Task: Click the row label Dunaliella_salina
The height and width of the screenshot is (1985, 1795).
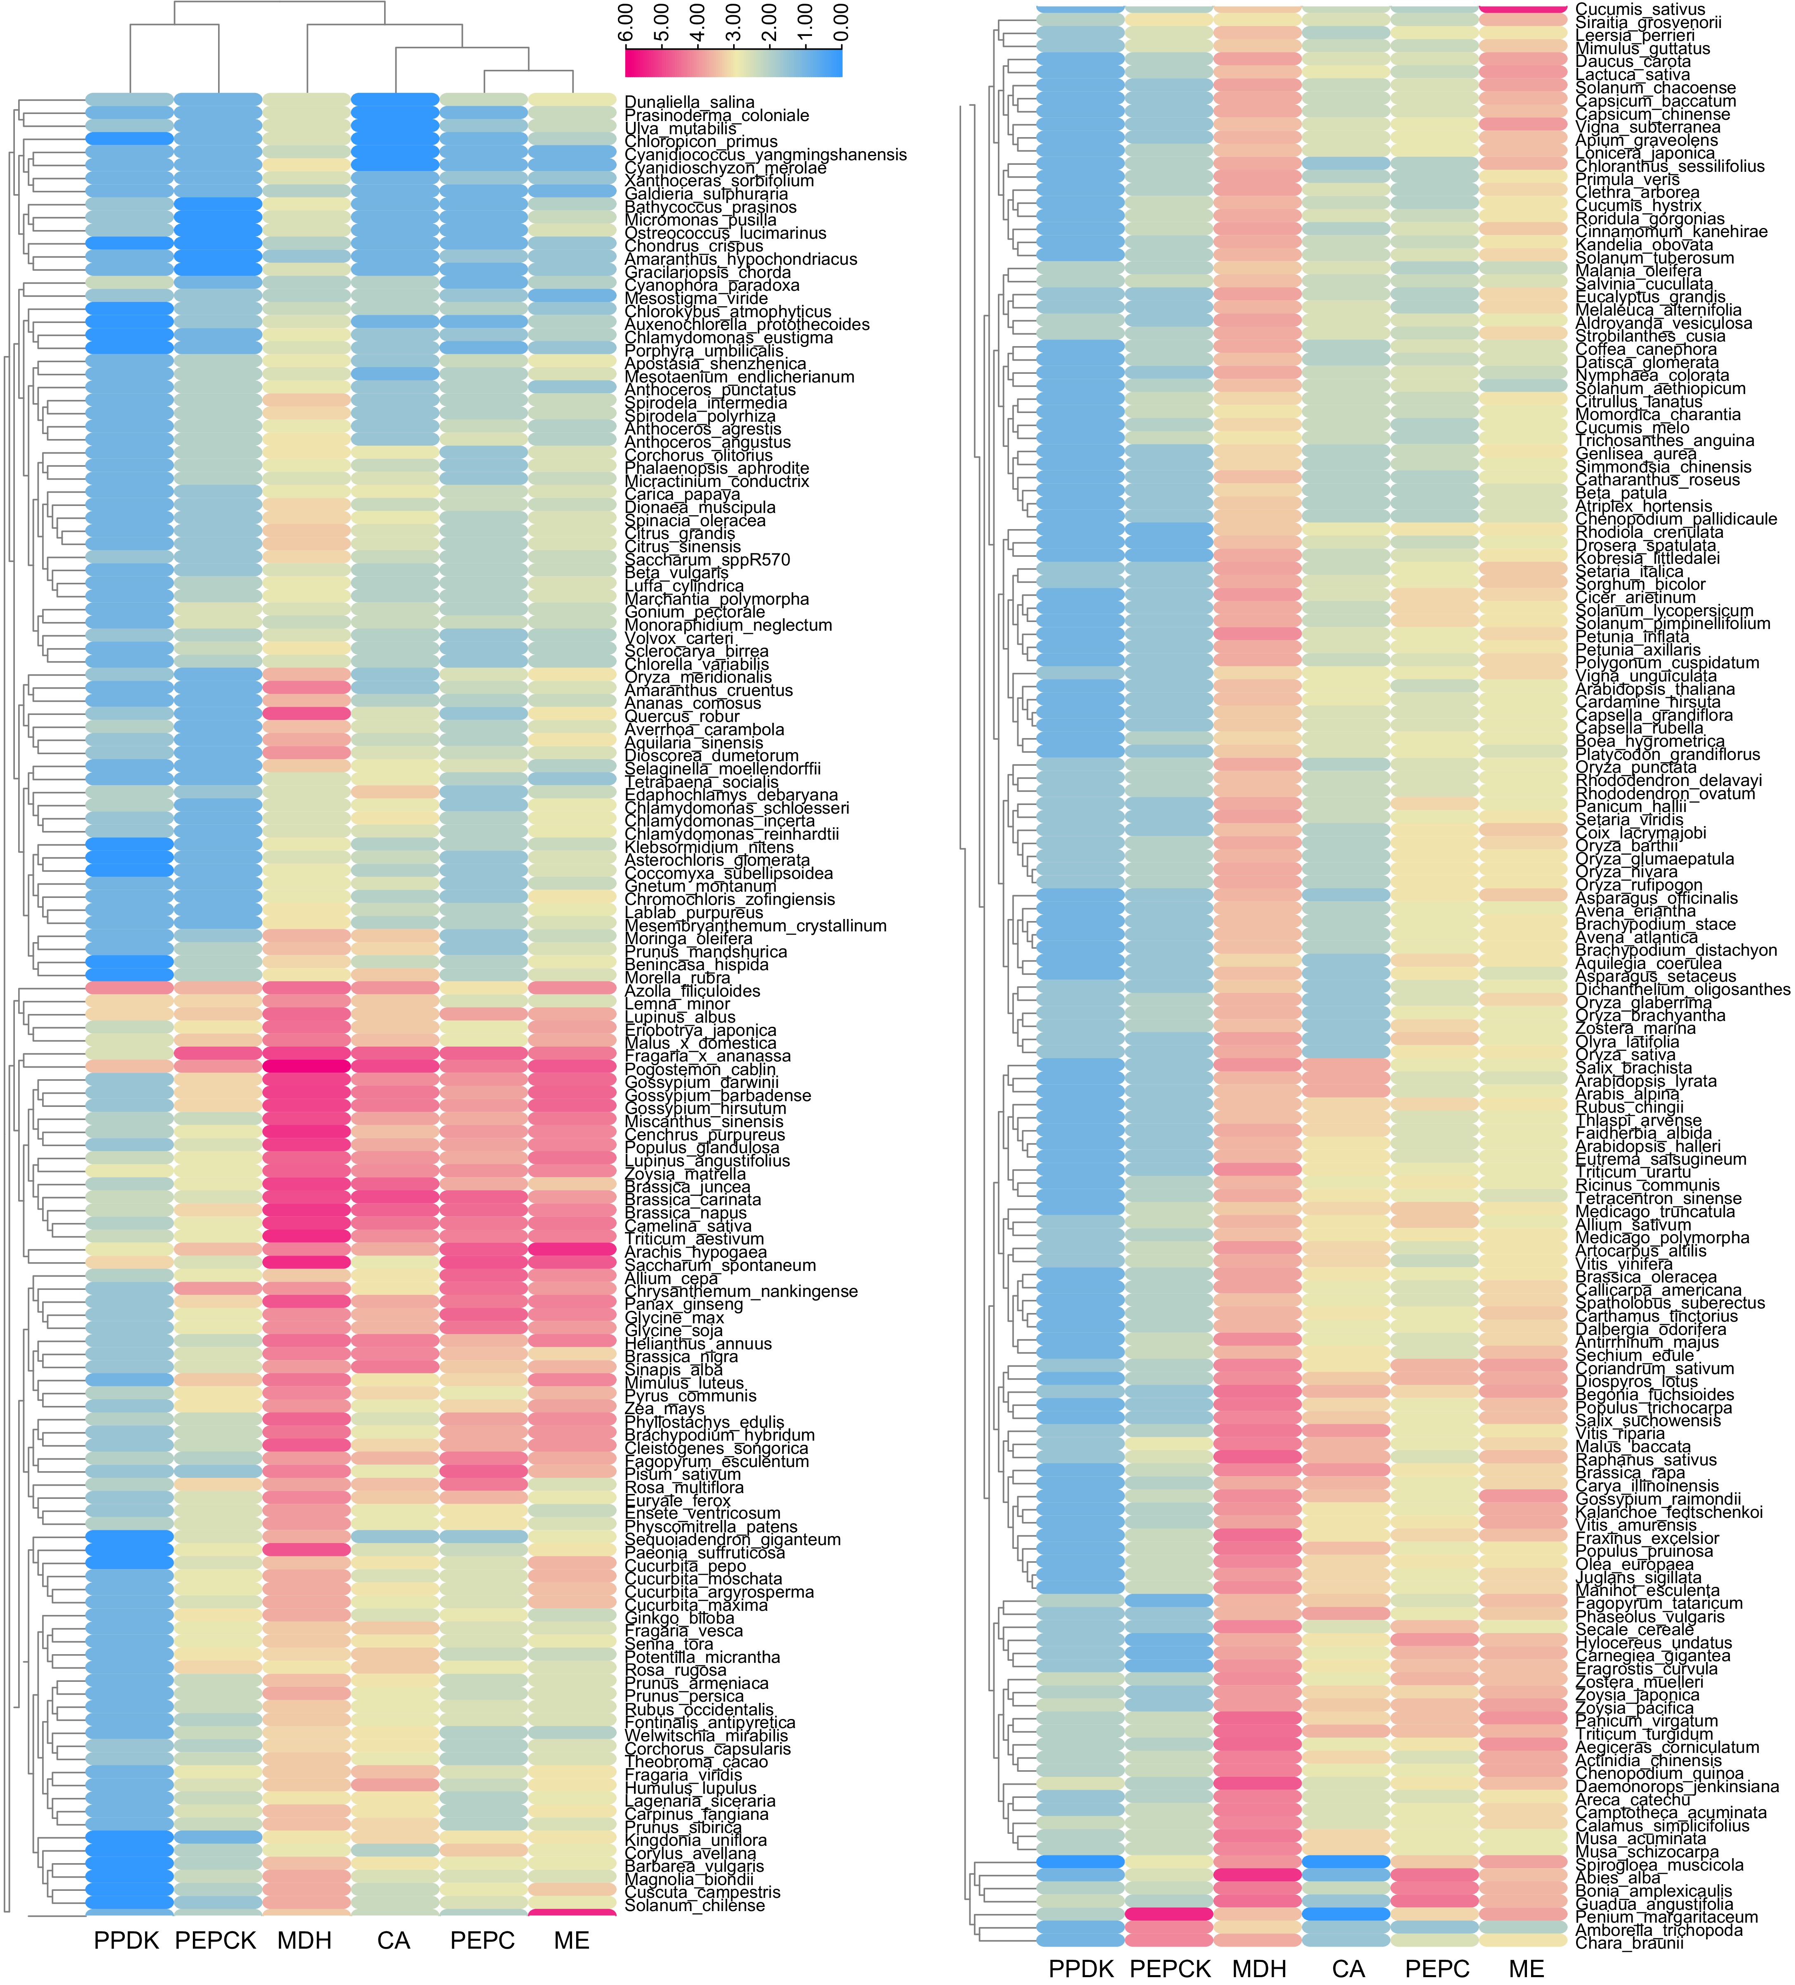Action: point(689,102)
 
